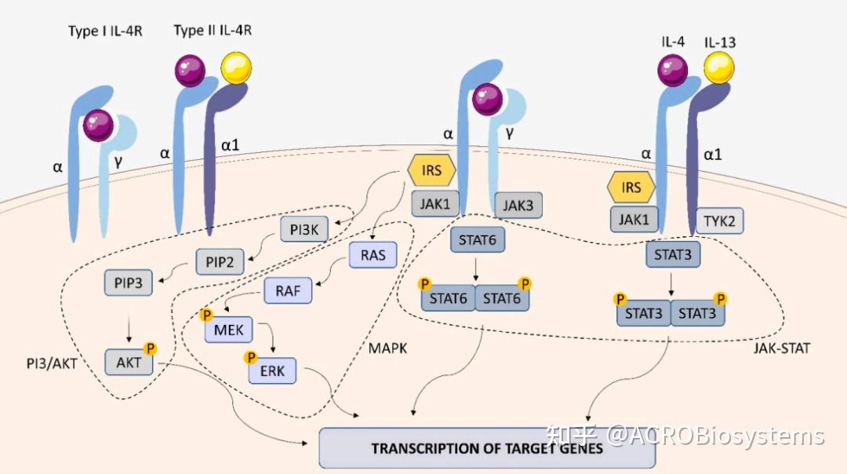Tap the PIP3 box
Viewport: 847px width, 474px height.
pos(127,283)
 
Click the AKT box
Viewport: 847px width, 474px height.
pos(129,363)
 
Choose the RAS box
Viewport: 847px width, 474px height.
pos(373,255)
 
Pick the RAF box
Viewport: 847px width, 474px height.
pos(288,291)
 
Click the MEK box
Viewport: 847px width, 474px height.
pos(229,330)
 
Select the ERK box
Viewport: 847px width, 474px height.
pos(272,370)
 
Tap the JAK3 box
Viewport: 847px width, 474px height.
pos(518,206)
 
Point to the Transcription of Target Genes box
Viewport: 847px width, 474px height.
pos(487,448)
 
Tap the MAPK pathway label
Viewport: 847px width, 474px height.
pos(388,346)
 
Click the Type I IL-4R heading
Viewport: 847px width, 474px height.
pos(105,31)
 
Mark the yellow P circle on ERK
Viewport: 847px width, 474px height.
pos(251,357)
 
